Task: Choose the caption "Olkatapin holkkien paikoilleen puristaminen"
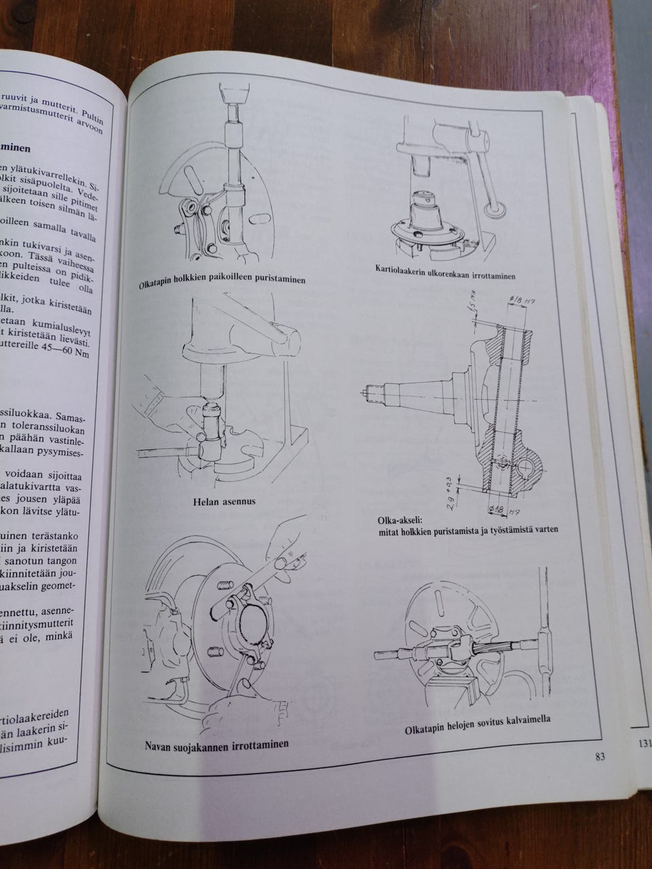pos(230,280)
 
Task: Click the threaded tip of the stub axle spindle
pos(372,391)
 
